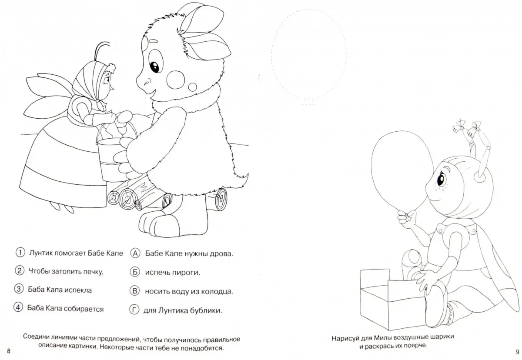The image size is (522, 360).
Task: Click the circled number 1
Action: pyautogui.click(x=20, y=253)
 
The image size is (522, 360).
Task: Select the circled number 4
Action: pyautogui.click(x=18, y=307)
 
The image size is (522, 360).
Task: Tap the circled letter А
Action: pyautogui.click(x=135, y=253)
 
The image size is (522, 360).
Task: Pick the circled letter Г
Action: pyautogui.click(x=134, y=310)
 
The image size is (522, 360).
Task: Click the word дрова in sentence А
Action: pyautogui.click(x=221, y=254)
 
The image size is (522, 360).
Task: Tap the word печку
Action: pyautogui.click(x=93, y=272)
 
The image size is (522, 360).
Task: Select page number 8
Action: pyautogui.click(x=9, y=351)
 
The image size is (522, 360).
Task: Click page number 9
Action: pyautogui.click(x=518, y=352)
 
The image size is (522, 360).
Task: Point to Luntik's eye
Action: pyautogui.click(x=154, y=66)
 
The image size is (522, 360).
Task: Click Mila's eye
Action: pyautogui.click(x=441, y=179)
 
